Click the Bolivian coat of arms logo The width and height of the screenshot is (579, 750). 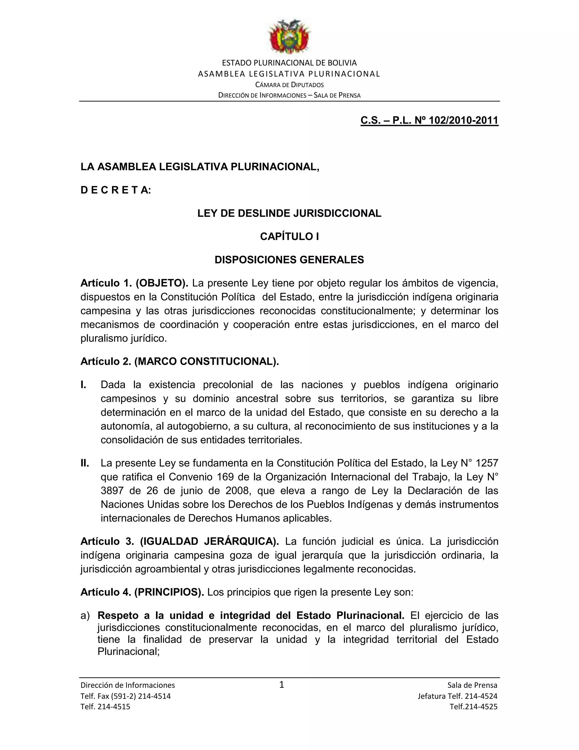tap(289, 37)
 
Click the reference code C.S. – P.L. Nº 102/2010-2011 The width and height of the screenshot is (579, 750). tap(429, 120)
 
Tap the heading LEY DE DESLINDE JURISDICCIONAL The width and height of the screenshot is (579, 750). tap(289, 213)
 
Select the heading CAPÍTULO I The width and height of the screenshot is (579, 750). tap(289, 237)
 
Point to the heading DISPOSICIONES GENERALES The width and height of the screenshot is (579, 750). tap(289, 260)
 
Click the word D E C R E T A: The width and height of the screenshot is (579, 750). tap(116, 190)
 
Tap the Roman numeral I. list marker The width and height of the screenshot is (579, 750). tap(83, 385)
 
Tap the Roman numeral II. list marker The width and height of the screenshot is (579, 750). tap(85, 463)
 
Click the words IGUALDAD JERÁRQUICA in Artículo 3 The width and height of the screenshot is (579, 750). tap(209, 541)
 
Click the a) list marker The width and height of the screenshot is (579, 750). tap(85, 615)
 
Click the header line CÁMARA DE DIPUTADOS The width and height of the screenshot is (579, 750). tap(289, 84)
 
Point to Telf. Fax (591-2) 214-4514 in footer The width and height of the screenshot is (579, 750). tap(126, 696)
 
